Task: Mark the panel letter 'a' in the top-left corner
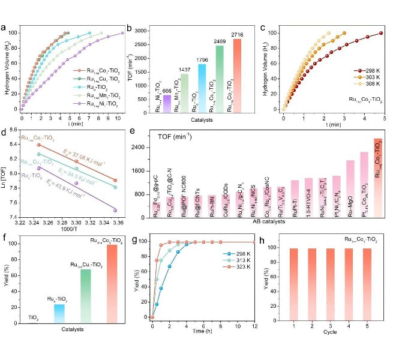tap(5, 27)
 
